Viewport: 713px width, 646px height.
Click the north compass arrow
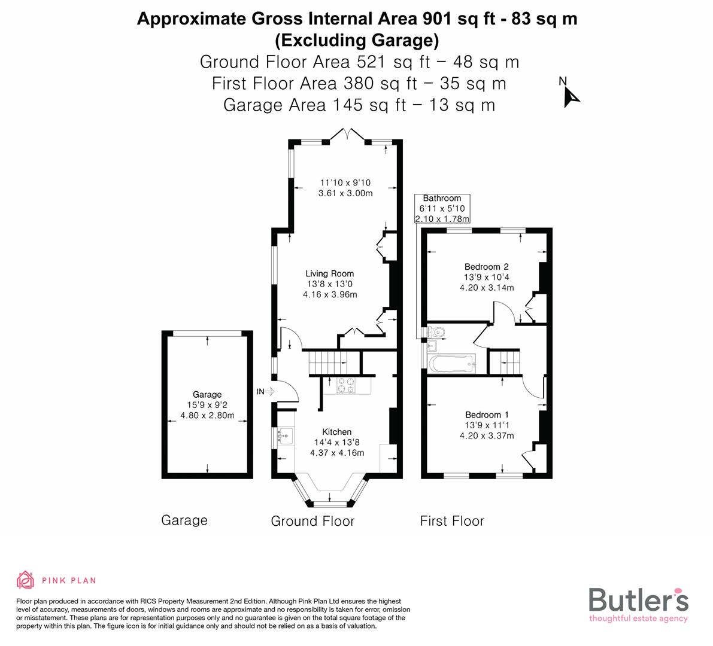click(571, 97)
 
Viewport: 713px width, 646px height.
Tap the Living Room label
click(330, 274)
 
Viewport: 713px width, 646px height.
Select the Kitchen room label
click(337, 432)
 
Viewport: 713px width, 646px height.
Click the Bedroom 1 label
click(487, 415)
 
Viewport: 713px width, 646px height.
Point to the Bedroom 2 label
click(487, 267)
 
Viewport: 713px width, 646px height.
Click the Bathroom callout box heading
click(442, 199)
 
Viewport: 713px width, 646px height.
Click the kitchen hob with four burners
click(346, 385)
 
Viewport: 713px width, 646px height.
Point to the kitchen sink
click(285, 437)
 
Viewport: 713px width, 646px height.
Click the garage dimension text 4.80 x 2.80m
click(207, 415)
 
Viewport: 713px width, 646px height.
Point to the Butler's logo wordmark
click(638, 600)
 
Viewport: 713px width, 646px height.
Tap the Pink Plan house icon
click(26, 580)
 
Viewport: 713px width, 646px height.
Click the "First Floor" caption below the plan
click(452, 521)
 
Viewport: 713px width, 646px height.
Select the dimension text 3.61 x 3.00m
click(346, 193)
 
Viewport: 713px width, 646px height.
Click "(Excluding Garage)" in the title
click(357, 40)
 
